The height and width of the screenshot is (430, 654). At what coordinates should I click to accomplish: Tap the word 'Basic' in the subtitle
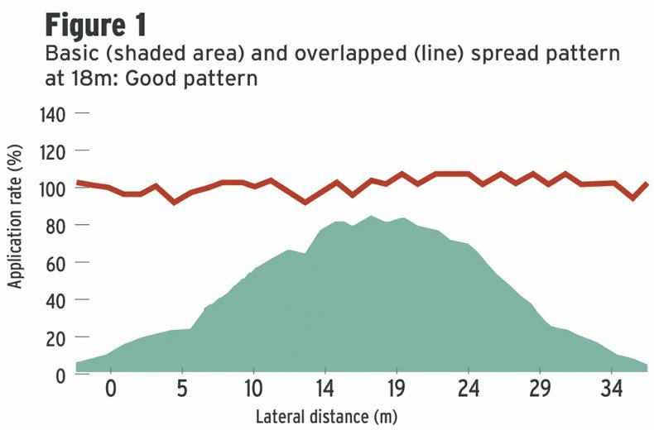point(67,57)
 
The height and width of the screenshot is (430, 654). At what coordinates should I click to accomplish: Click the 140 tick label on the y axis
point(52,114)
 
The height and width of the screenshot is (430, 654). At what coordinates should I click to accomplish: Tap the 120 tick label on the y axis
point(52,151)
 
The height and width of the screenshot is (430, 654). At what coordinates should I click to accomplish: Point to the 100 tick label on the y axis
point(52,189)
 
